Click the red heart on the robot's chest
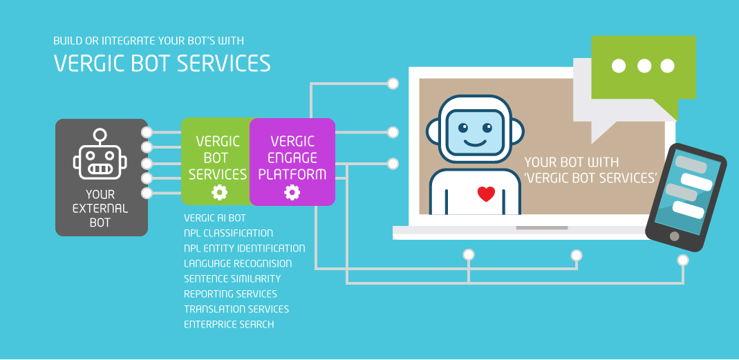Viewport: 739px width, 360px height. (486, 193)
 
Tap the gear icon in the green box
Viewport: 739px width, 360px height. (219, 192)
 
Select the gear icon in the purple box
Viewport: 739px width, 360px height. (292, 192)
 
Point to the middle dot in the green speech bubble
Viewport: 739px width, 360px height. (644, 66)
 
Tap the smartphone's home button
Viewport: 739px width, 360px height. (675, 236)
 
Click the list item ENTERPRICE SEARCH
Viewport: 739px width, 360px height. (229, 324)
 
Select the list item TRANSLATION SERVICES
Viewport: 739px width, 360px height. (236, 309)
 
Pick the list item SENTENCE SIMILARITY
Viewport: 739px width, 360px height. (232, 278)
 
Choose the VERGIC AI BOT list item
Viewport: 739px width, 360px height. (215, 218)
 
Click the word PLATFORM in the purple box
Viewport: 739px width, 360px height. (292, 174)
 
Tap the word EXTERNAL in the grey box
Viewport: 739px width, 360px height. (100, 208)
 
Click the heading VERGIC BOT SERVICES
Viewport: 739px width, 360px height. (162, 63)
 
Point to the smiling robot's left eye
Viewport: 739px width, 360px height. (462, 127)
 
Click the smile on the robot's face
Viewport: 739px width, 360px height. (475, 142)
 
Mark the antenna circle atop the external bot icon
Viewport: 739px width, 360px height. (100, 135)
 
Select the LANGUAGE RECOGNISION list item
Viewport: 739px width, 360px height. (238, 263)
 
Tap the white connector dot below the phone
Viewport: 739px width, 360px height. (683, 260)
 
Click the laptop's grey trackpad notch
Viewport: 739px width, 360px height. (542, 228)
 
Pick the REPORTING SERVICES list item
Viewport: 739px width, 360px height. (230, 294)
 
